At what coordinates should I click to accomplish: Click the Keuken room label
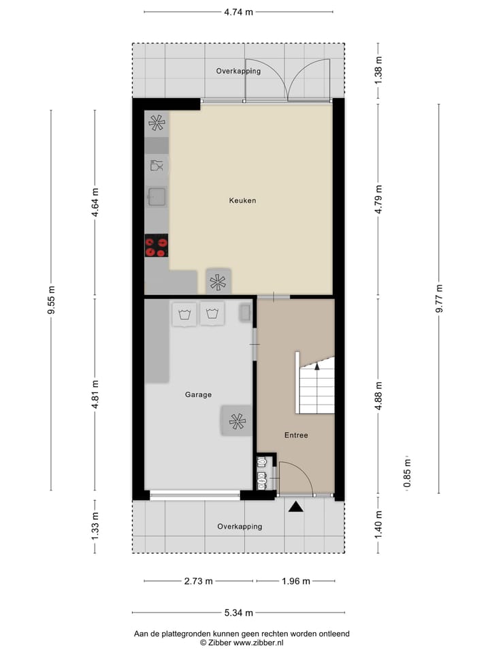click(x=242, y=200)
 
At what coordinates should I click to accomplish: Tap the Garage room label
click(x=198, y=394)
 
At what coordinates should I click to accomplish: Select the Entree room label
click(x=297, y=435)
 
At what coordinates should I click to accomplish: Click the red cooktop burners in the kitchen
click(x=157, y=246)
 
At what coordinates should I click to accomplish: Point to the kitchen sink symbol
click(x=157, y=197)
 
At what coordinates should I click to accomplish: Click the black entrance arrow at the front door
click(x=295, y=506)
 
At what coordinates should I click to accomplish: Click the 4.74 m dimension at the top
click(x=239, y=12)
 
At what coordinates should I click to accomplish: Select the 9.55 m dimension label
click(x=51, y=300)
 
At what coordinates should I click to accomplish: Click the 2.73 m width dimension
click(x=199, y=581)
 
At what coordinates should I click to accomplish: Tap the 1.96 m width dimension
click(x=295, y=581)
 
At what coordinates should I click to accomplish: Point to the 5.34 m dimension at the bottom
click(x=239, y=612)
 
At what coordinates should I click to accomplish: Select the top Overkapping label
click(x=238, y=71)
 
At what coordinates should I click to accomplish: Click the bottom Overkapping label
click(x=240, y=527)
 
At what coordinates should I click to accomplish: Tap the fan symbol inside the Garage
click(x=237, y=422)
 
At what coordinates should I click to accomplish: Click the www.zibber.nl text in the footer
click(x=259, y=642)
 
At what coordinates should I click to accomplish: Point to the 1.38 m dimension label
click(x=379, y=71)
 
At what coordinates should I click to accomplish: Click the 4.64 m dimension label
click(x=95, y=202)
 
